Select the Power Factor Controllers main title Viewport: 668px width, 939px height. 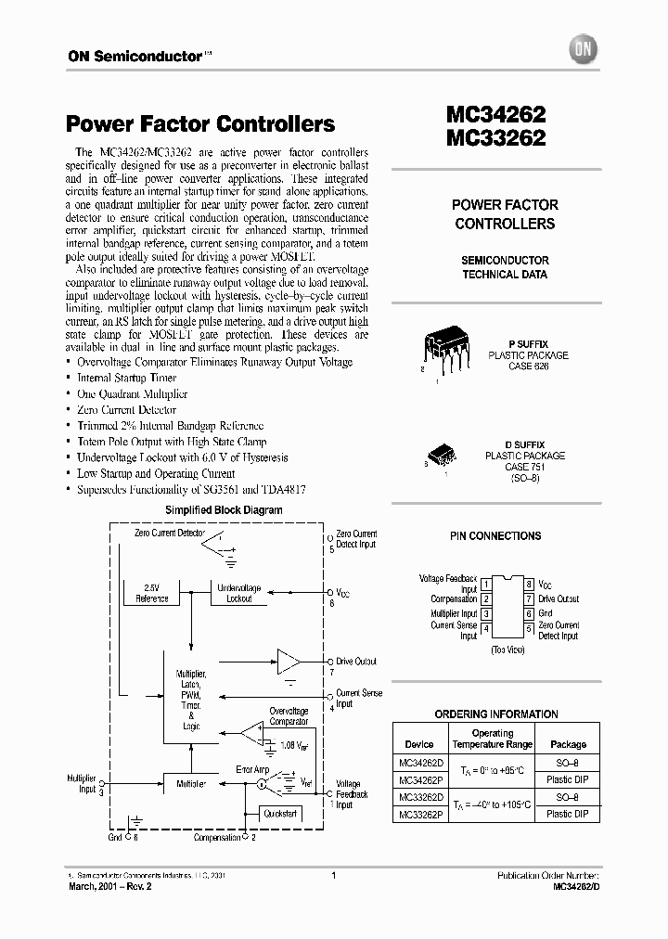tap(200, 124)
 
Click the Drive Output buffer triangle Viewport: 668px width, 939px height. tap(289, 662)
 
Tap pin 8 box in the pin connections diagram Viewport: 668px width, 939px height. tap(529, 585)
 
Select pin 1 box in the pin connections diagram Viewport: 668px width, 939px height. tap(486, 585)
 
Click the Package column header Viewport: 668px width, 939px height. tap(568, 744)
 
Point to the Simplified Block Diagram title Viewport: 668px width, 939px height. tap(224, 510)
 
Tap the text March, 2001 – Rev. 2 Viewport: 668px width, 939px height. tap(109, 887)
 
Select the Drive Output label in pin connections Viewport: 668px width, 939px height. tap(559, 599)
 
